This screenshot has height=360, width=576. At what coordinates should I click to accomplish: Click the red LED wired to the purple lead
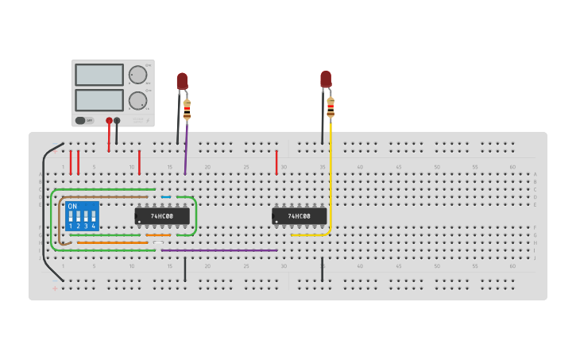182,80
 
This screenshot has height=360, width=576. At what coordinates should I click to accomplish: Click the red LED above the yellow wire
326,79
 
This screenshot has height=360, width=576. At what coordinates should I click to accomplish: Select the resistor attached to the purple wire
187,108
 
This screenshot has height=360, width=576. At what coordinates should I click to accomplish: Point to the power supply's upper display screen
99,75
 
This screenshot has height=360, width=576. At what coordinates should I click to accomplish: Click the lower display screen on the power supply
99,100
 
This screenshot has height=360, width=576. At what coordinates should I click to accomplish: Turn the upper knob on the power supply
137,75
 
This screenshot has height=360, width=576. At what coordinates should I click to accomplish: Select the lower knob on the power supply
137,100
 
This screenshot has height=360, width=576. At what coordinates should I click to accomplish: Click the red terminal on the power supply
109,121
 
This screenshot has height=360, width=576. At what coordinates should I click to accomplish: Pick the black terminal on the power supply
117,121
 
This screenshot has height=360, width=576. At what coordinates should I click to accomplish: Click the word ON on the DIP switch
72,207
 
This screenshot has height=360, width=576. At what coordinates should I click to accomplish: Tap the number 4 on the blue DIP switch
94,226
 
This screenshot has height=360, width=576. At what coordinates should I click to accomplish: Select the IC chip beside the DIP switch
162,215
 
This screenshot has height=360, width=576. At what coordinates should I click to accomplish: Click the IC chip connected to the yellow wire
299,215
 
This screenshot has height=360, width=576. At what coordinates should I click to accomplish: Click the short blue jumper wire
166,197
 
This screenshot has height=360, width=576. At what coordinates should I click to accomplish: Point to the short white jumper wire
158,242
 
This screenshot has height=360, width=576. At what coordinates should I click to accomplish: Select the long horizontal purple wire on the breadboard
219,250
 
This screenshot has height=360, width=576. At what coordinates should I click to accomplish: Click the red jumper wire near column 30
276,162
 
